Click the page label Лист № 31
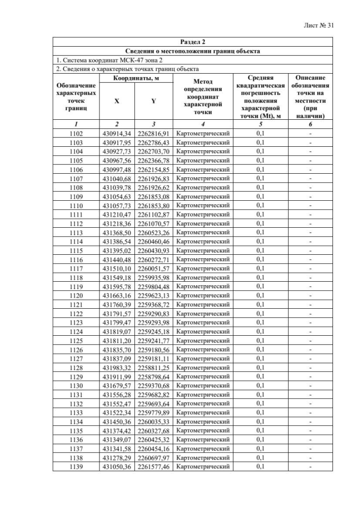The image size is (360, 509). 326,25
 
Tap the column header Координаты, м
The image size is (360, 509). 136,78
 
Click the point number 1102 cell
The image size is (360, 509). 76,133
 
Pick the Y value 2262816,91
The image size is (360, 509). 154,133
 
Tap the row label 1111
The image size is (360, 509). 76,214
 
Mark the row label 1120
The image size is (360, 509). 76,295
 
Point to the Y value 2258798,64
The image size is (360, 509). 154,376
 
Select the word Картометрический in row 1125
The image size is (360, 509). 202,340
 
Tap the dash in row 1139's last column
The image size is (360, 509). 310,466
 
